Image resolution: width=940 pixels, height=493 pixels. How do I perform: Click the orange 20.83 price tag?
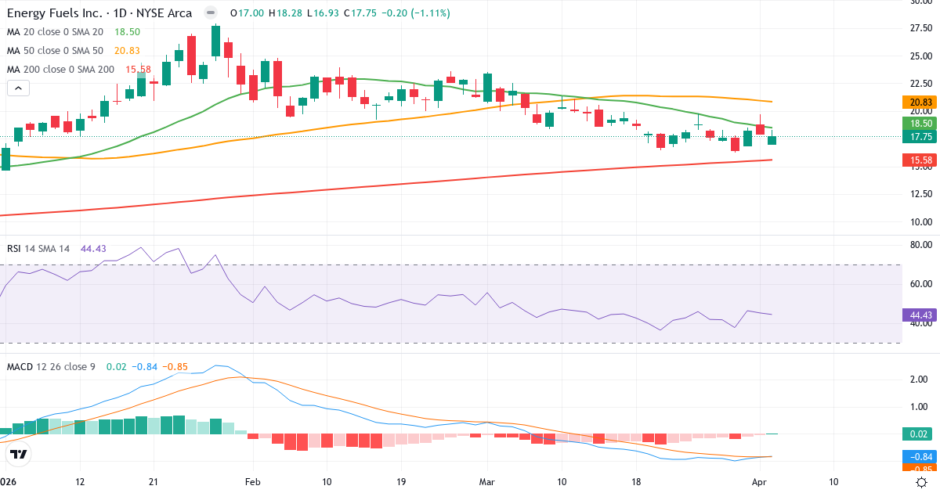point(920,102)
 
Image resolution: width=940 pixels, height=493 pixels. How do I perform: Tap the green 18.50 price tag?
point(920,123)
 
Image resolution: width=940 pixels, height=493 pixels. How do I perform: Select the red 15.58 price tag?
point(920,160)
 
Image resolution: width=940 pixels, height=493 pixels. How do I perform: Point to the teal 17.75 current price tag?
point(920,137)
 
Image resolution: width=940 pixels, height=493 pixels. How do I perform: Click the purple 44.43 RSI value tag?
point(920,315)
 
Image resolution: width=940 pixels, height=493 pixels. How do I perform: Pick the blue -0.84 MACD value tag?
point(920,456)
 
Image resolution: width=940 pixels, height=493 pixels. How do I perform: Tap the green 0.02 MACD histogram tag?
point(920,434)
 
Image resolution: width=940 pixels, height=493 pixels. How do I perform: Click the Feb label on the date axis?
point(251,482)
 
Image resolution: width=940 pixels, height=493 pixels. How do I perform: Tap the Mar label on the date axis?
point(487,482)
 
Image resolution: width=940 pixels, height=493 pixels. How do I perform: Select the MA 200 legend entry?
point(60,69)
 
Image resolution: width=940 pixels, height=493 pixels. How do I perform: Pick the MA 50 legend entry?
point(54,50)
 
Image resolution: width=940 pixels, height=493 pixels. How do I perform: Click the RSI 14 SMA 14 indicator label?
point(38,248)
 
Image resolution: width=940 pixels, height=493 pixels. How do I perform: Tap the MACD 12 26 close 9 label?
point(51,366)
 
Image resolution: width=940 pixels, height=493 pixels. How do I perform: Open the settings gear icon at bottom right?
point(922,482)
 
